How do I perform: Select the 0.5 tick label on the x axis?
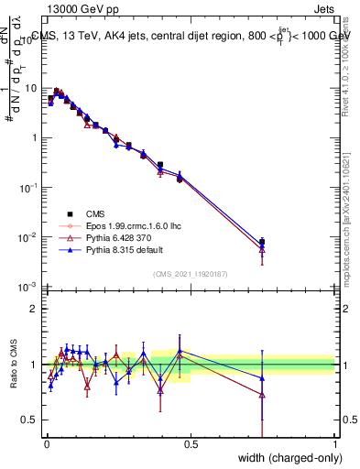[191, 444]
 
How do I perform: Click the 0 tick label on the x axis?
[46, 444]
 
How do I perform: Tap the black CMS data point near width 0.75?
[262, 242]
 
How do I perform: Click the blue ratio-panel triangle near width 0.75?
[262, 377]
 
